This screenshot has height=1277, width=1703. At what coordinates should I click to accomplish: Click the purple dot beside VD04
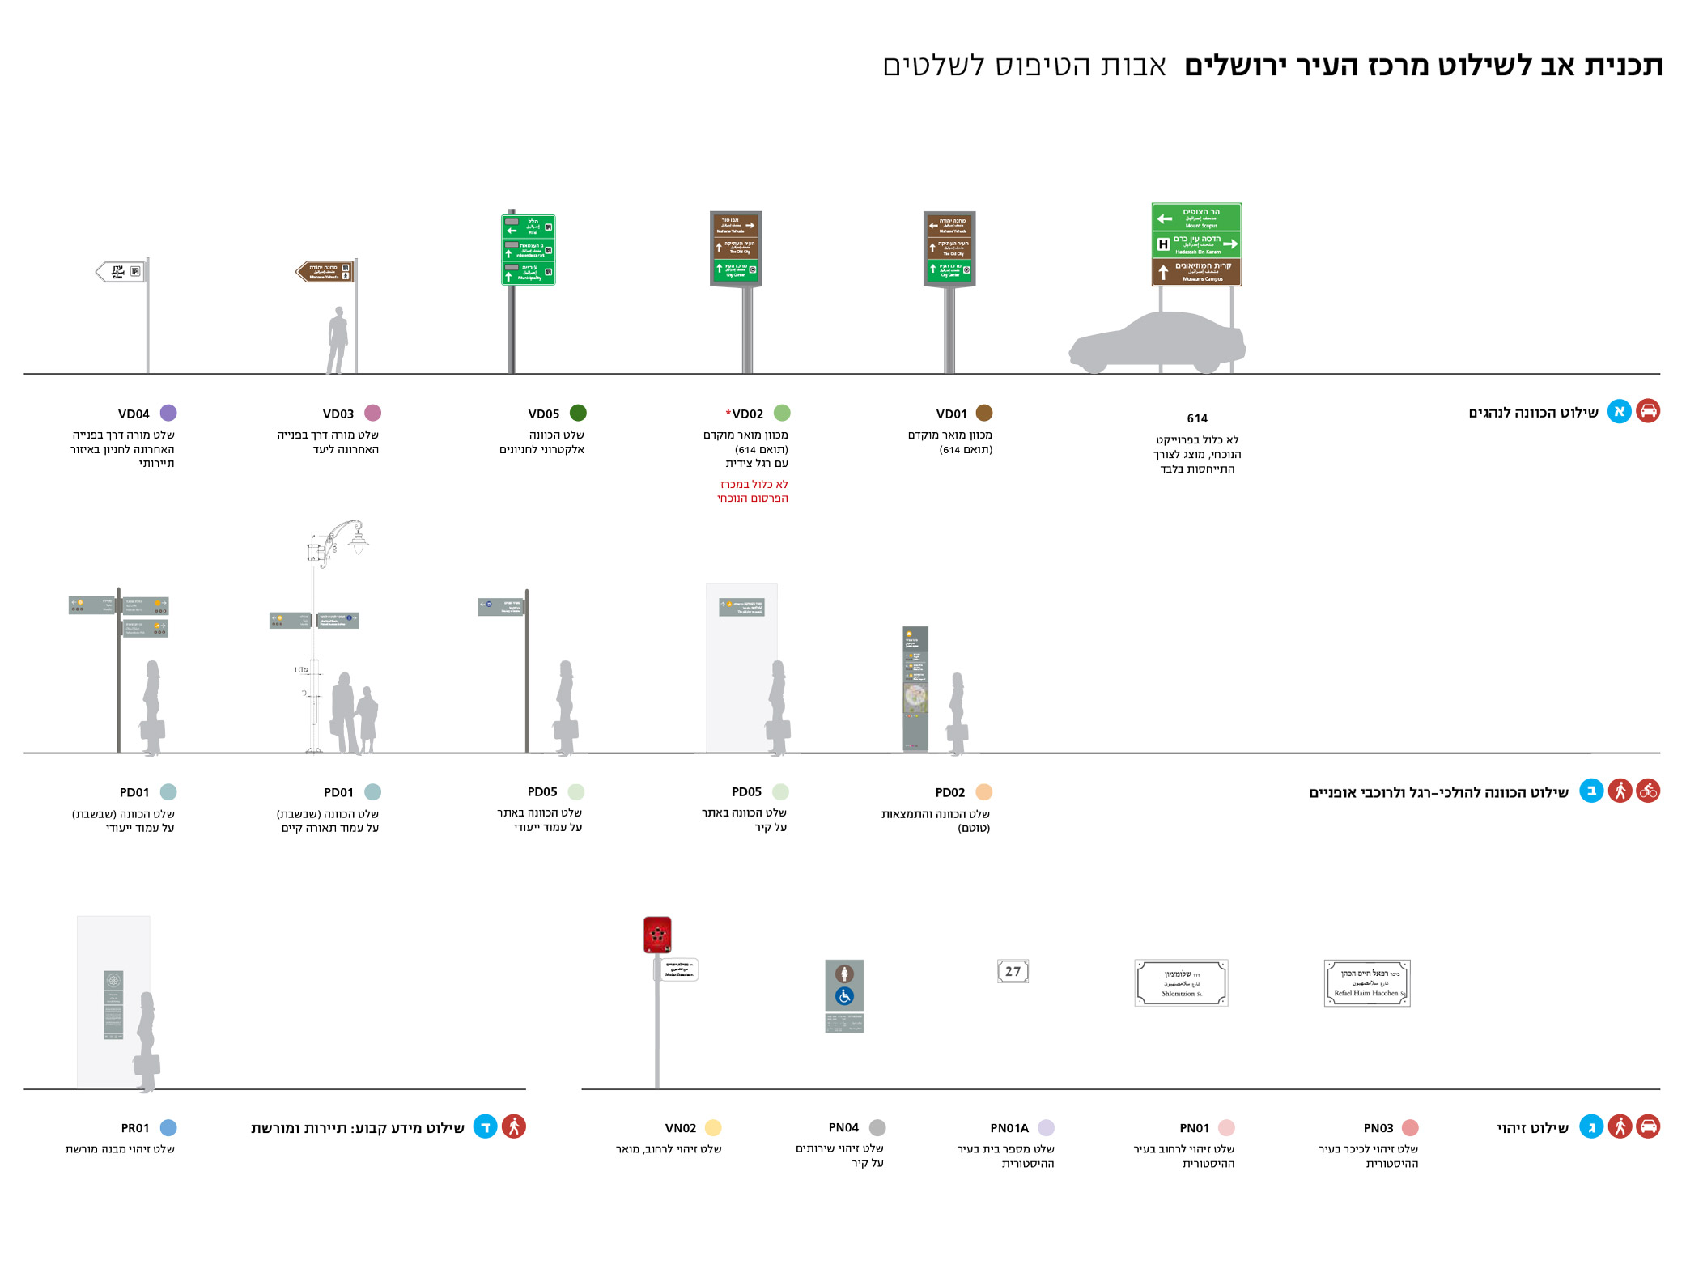point(168,413)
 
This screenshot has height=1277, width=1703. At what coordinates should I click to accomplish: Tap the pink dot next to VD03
point(372,413)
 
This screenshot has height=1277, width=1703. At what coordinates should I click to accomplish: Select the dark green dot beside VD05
point(578,413)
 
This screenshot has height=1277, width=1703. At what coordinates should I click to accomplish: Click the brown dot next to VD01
point(984,413)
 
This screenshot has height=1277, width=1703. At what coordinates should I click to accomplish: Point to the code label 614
point(1197,418)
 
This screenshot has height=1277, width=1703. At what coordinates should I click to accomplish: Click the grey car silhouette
point(1157,344)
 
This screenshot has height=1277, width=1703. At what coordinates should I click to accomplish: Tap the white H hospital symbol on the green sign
point(1163,244)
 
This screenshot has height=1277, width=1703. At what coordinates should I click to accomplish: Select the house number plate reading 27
point(1013,971)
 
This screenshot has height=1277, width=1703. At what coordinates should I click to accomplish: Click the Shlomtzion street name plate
point(1181,982)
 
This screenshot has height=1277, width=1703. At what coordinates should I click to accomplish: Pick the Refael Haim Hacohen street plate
point(1367,983)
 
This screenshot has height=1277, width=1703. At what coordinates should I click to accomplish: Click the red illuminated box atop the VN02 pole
point(657,935)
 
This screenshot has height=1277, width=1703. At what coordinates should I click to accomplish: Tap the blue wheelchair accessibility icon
point(844,996)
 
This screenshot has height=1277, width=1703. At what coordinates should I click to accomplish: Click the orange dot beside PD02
point(984,791)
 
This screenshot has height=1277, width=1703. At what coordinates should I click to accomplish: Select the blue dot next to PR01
point(168,1127)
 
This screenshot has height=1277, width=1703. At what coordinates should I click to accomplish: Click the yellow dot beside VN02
point(713,1127)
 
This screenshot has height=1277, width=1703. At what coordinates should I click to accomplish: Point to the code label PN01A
point(1009,1128)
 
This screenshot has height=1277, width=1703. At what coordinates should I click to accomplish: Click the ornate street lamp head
point(357,538)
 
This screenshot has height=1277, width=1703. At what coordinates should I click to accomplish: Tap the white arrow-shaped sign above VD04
point(120,271)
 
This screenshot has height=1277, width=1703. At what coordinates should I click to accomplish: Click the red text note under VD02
point(753,491)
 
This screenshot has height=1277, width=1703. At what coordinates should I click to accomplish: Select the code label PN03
point(1378,1128)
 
